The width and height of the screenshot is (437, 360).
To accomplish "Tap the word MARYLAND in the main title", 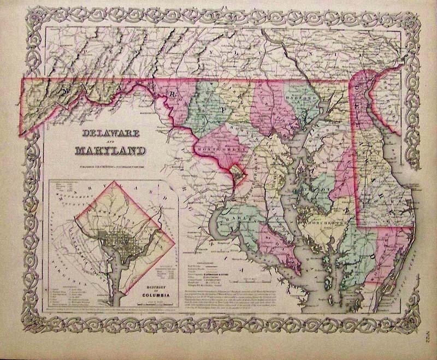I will pyautogui.click(x=114, y=150).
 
